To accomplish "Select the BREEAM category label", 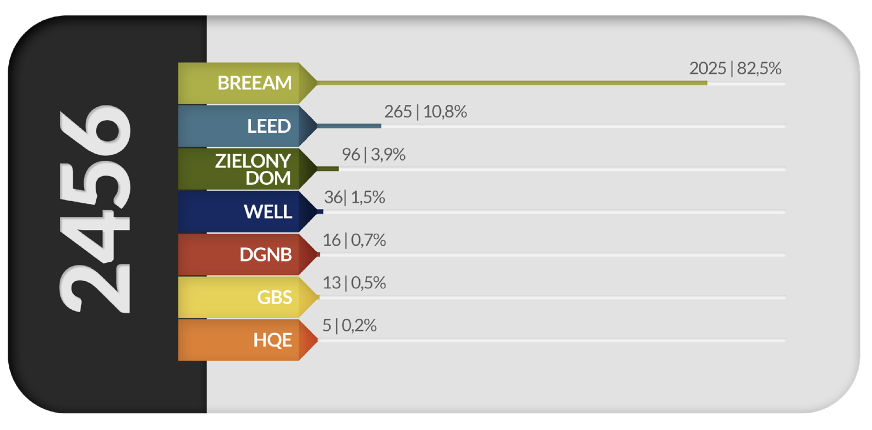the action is click(x=254, y=83).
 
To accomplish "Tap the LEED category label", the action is click(x=269, y=126).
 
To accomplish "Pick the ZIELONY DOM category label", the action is click(x=253, y=169).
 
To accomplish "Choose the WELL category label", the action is click(x=268, y=212).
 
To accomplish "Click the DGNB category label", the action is click(x=266, y=254).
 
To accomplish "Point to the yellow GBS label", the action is click(x=274, y=297).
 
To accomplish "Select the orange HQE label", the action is click(x=273, y=340).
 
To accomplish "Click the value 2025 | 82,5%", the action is click(x=735, y=68).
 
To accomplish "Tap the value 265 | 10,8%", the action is click(x=425, y=111).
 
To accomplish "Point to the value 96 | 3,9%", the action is click(x=373, y=154).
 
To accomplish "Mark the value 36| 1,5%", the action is click(x=354, y=197).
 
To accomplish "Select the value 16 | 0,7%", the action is click(x=354, y=240).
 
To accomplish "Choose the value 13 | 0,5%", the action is click(x=354, y=283).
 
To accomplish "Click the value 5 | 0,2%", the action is click(x=349, y=326).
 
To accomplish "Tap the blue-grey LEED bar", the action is click(x=349, y=126).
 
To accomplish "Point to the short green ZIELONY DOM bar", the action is click(x=328, y=169).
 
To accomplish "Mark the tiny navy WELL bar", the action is click(x=320, y=212).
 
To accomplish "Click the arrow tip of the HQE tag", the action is click(x=318, y=340).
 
